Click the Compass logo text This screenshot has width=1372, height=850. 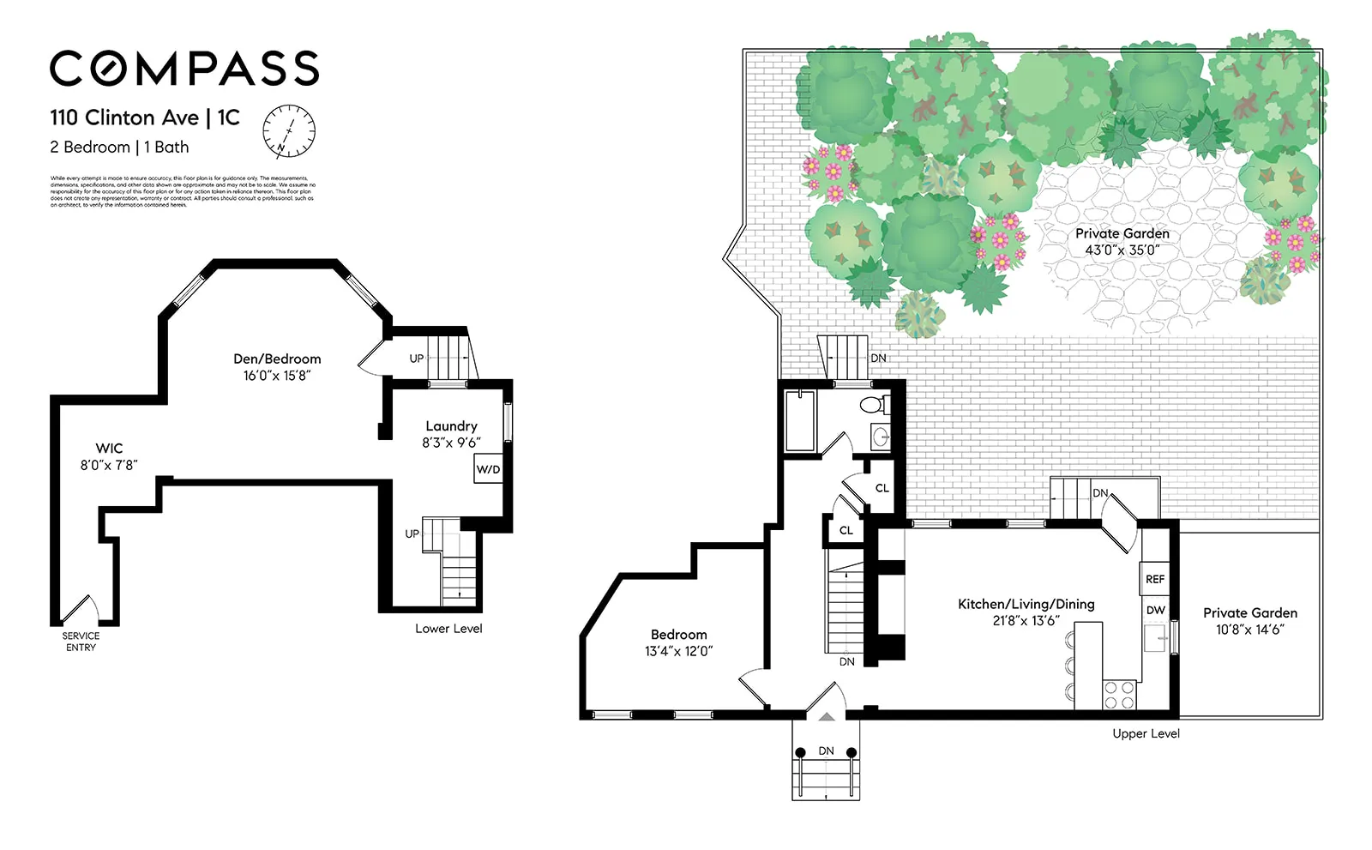click(x=184, y=69)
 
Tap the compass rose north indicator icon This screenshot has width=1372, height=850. click(x=289, y=132)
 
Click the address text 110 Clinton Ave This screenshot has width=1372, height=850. click(x=124, y=118)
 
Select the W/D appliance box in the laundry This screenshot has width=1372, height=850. click(x=488, y=469)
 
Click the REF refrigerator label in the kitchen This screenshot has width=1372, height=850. click(x=1155, y=579)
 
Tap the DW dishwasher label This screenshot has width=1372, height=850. click(x=1155, y=610)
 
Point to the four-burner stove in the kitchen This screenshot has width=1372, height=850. click(x=1118, y=694)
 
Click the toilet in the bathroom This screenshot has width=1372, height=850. click(x=874, y=406)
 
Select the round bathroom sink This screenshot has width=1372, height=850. click(x=881, y=438)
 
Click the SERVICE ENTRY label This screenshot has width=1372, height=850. click(x=81, y=642)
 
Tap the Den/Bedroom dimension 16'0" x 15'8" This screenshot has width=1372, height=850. click(x=276, y=376)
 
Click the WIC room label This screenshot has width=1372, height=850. click(x=109, y=448)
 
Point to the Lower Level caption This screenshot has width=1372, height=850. click(x=448, y=629)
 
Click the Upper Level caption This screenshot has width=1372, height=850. click(x=1146, y=733)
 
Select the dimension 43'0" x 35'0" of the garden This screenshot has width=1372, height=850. click(x=1122, y=250)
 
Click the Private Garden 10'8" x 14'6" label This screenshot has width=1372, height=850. click(x=1249, y=621)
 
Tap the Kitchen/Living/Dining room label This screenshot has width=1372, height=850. click(x=1026, y=604)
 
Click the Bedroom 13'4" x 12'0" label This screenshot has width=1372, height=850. click(x=678, y=642)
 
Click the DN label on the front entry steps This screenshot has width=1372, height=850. click(x=826, y=751)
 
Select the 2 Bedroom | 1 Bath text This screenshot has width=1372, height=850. click(x=119, y=147)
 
